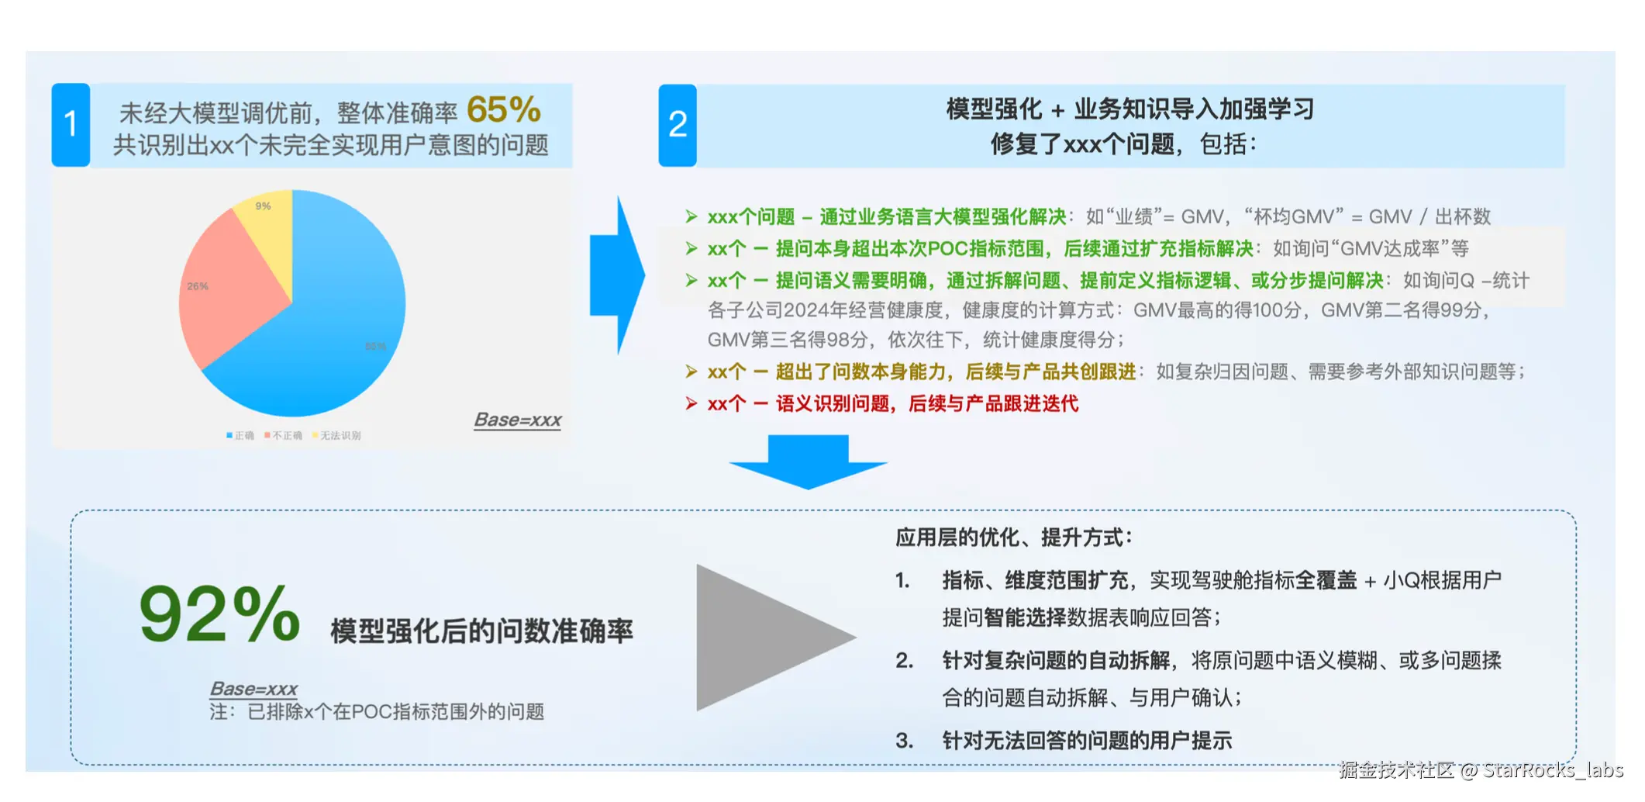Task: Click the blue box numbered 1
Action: coord(71,124)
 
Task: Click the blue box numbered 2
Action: coord(678,125)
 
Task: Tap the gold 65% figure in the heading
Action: coord(504,110)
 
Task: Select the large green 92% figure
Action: coord(219,616)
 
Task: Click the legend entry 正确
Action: coord(240,436)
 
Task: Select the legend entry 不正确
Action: coord(284,436)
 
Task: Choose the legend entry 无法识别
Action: coord(336,436)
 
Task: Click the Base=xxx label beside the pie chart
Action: coord(518,420)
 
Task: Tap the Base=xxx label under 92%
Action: coord(253,689)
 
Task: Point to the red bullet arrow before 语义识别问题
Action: coord(691,403)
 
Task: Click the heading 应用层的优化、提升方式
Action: coord(1013,538)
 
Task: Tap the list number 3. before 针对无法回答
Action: coord(904,741)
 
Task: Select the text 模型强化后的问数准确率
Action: coord(481,631)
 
